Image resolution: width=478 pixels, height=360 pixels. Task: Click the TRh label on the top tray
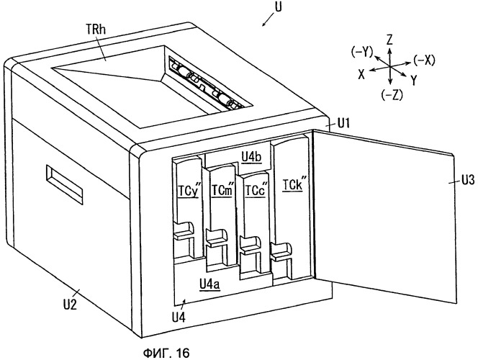(x=96, y=30)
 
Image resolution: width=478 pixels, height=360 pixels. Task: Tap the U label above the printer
(x=278, y=7)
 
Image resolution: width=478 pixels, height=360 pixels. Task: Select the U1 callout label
(x=343, y=123)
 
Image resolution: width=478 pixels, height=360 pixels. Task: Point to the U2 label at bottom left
(x=70, y=305)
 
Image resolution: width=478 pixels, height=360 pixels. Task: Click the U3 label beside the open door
(x=468, y=180)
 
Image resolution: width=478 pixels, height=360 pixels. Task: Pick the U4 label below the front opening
(x=179, y=318)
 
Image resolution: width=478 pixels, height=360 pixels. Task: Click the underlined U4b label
(x=251, y=157)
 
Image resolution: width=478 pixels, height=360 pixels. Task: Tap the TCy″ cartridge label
(x=189, y=191)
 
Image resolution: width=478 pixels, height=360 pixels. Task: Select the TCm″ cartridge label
(x=222, y=190)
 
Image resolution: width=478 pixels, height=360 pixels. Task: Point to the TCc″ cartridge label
(x=256, y=190)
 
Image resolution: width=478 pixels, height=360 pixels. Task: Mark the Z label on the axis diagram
(x=389, y=40)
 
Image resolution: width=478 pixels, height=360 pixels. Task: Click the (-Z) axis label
(x=392, y=96)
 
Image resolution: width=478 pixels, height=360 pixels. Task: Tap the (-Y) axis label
(x=362, y=52)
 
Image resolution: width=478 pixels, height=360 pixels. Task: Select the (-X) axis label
(x=424, y=60)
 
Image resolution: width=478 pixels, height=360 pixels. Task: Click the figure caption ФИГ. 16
(x=166, y=353)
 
